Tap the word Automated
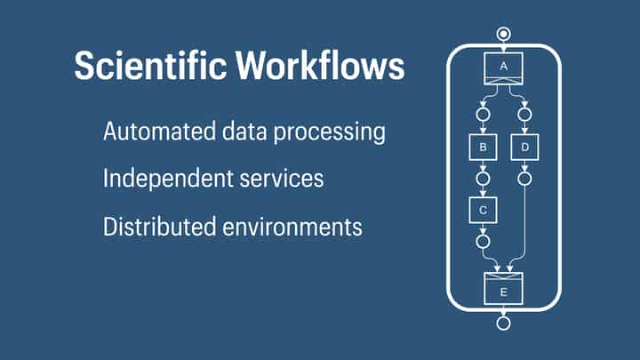[x=155, y=132]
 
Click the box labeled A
[x=504, y=68]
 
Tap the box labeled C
[x=483, y=209]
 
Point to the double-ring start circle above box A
[x=504, y=35]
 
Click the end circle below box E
[x=504, y=323]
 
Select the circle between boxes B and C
[x=483, y=179]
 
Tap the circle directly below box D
[x=525, y=179]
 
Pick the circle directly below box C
[x=483, y=240]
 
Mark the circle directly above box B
[x=483, y=115]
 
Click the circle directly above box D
[x=525, y=115]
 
